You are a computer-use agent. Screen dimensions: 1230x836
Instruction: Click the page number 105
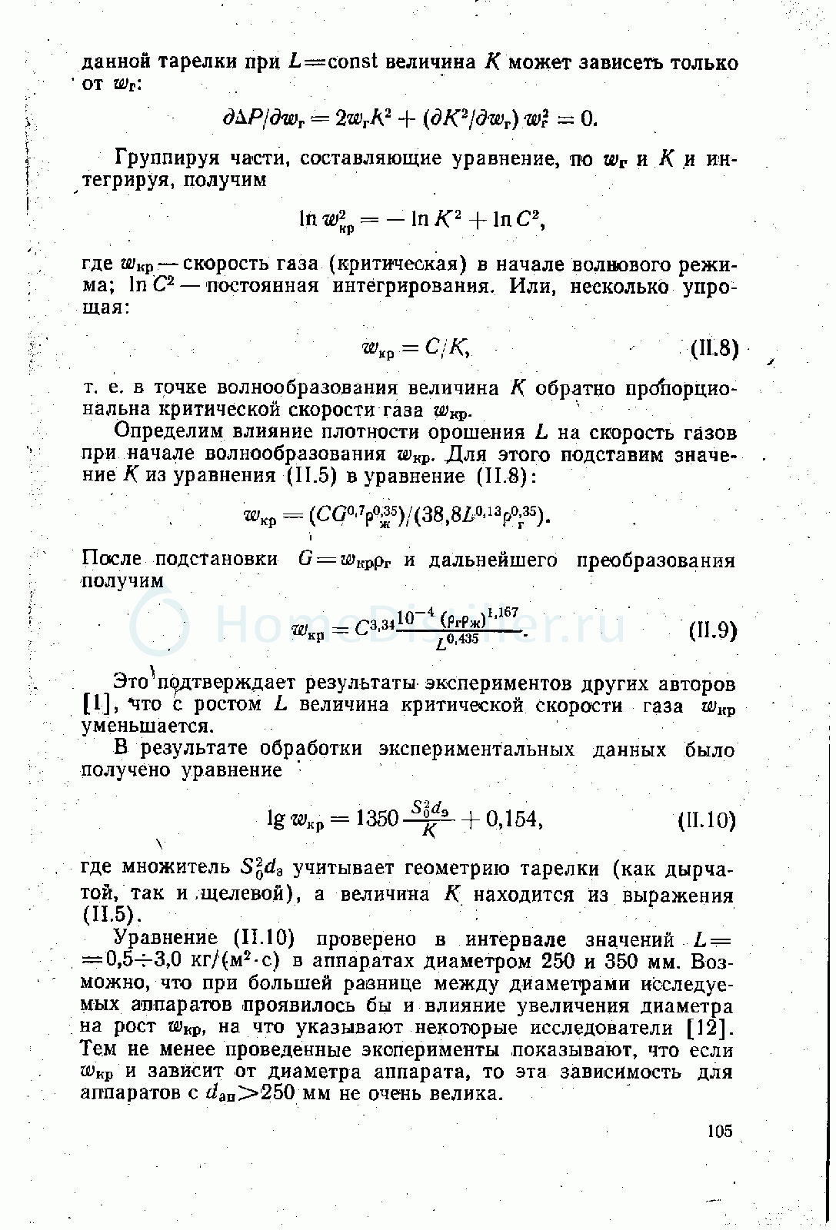tap(719, 1131)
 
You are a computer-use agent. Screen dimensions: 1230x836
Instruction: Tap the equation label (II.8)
tap(714, 349)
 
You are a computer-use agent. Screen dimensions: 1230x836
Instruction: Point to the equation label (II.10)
tap(707, 821)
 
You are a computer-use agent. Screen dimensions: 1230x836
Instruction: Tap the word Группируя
tap(163, 159)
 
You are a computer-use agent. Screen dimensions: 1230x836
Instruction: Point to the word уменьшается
tap(145, 726)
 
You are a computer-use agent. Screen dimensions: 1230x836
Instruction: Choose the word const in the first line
tap(352, 61)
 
